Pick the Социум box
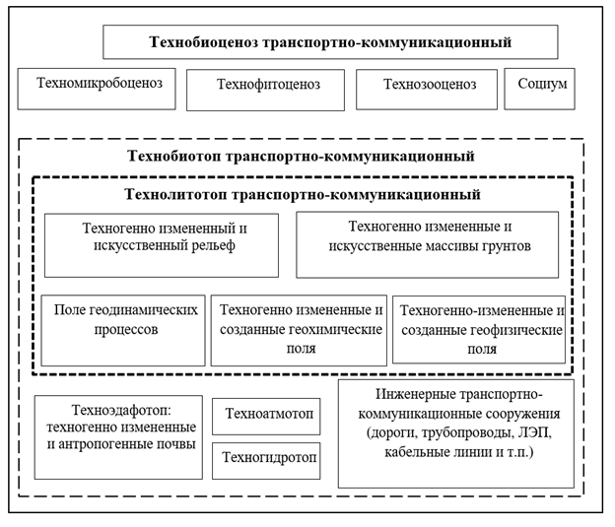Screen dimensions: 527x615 539,89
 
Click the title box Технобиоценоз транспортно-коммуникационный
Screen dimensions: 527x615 330,42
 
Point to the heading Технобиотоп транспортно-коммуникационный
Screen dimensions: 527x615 302,157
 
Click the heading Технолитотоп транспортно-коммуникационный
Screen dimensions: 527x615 302,194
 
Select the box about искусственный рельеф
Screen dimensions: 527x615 161,244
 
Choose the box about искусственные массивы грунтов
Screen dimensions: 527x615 427,244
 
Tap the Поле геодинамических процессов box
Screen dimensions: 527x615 122,329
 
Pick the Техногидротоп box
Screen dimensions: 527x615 266,459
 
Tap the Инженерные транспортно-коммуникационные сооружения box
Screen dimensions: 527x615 455,432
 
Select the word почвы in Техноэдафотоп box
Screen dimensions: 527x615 173,445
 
